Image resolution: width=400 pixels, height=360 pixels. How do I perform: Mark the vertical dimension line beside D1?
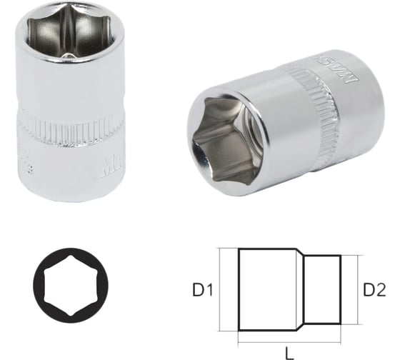(223, 289)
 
